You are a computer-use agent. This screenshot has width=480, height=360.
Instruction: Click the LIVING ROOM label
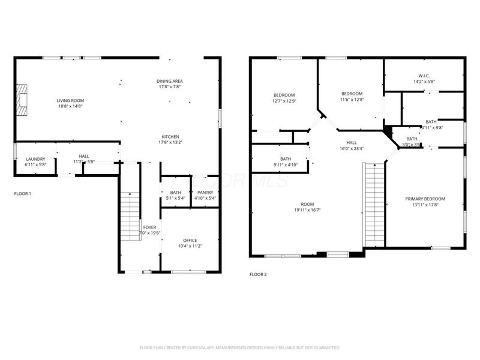[x=70, y=100]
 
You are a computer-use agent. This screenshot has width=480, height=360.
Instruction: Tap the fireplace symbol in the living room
[x=22, y=99]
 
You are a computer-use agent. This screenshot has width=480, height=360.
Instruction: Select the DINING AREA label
[x=170, y=81]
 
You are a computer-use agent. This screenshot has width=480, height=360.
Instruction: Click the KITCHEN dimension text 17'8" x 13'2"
[x=170, y=143]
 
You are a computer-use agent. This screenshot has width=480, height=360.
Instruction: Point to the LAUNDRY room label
[x=35, y=159]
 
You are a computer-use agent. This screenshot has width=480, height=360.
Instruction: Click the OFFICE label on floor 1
[x=190, y=241]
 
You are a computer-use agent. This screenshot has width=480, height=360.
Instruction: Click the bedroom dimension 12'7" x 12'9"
[x=284, y=101]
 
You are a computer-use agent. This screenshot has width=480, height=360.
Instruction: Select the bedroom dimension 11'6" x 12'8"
[x=352, y=100]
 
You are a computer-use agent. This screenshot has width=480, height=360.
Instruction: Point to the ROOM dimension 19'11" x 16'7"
[x=308, y=210]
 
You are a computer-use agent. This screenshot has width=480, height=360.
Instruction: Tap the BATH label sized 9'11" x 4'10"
[x=285, y=159]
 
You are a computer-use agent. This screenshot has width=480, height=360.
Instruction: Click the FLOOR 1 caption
[x=22, y=194]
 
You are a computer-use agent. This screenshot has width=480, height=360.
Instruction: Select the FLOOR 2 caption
[x=258, y=274]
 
